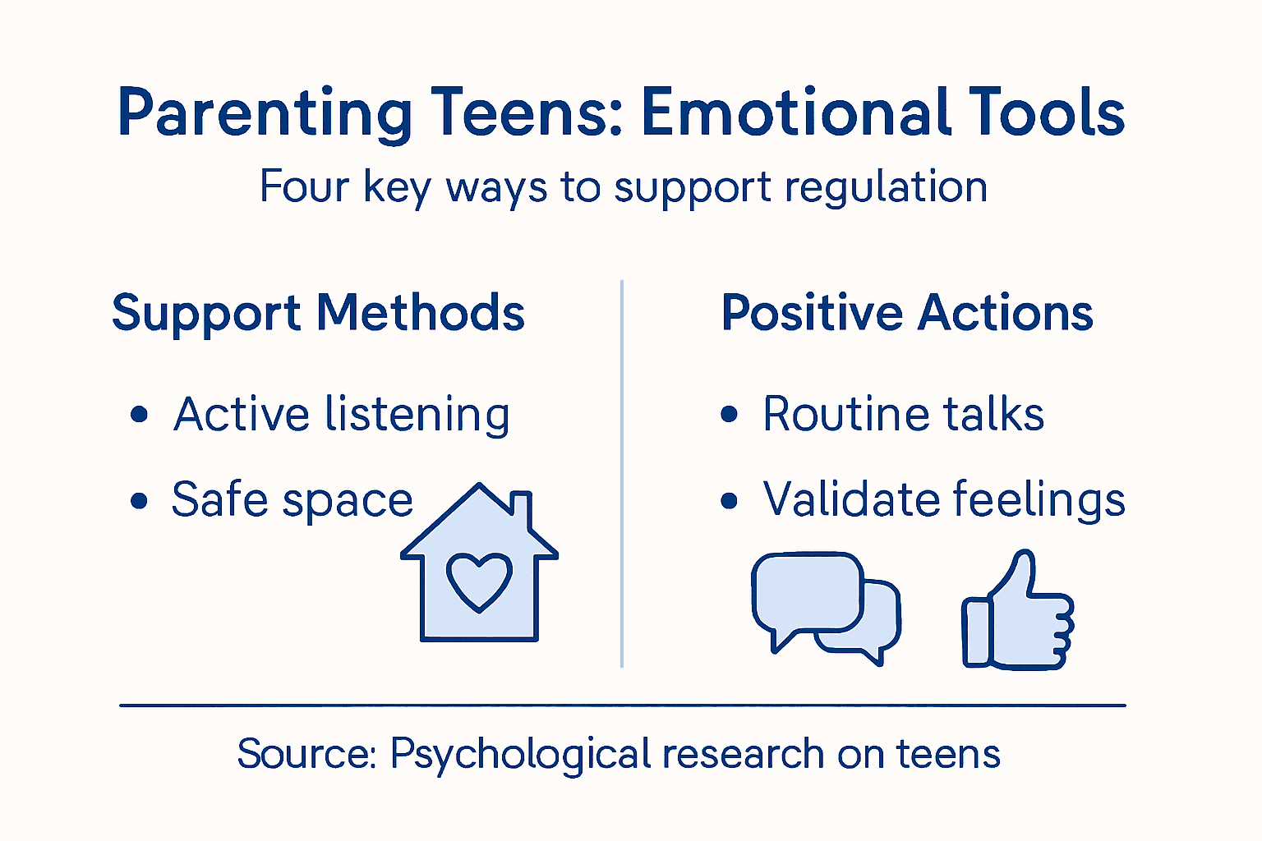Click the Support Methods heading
click(x=318, y=313)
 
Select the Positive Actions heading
click(x=907, y=313)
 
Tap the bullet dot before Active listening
click(x=140, y=414)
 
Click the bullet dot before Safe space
click(x=140, y=500)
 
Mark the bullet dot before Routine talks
click(x=729, y=414)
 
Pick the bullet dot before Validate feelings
click(x=729, y=500)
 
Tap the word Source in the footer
click(x=306, y=753)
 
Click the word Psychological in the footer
click(x=520, y=755)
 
